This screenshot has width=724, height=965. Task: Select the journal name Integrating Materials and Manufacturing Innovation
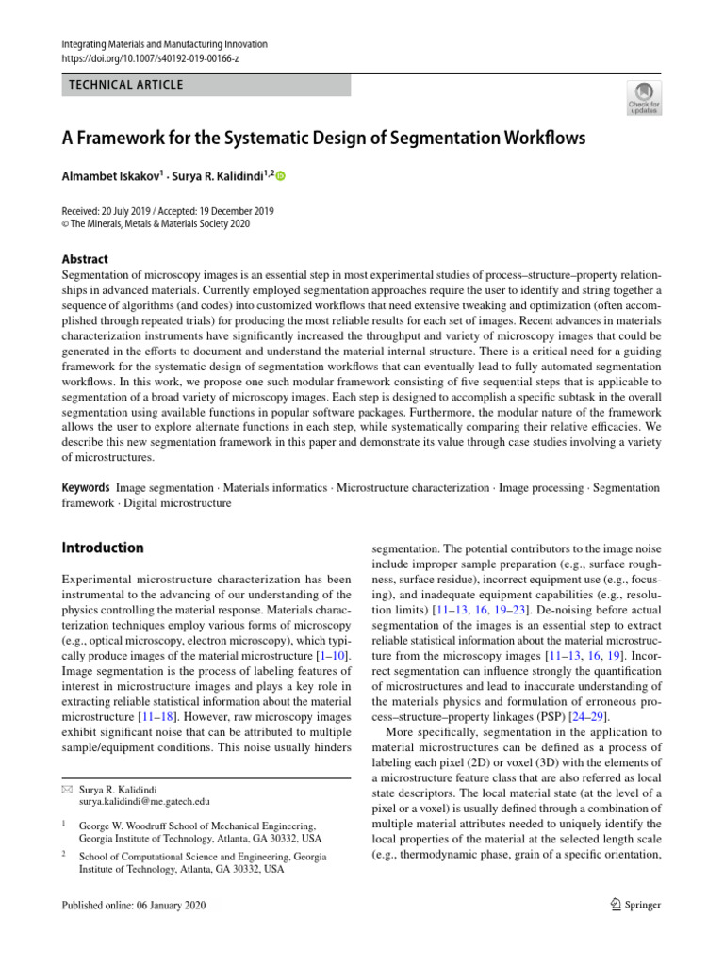165,44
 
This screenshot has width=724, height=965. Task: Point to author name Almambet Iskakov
111,176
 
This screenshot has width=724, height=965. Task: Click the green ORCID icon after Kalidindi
280,176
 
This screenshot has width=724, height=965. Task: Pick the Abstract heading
85,259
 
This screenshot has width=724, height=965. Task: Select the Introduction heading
103,548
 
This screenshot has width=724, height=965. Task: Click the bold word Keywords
86,488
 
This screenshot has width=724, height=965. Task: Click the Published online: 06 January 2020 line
132,906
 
